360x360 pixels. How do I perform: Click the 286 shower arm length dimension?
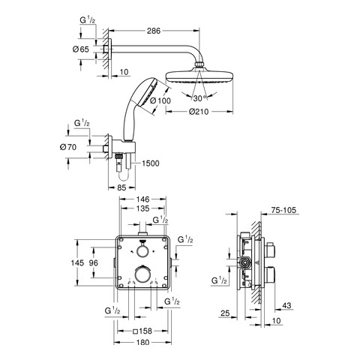pyautogui.click(x=154, y=31)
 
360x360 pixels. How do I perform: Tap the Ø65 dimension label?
pyautogui.click(x=81, y=49)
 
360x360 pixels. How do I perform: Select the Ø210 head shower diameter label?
pyautogui.click(x=199, y=112)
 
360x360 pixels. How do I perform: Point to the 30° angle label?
pyautogui.click(x=199, y=98)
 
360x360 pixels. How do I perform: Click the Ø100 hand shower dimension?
pyautogui.click(x=160, y=100)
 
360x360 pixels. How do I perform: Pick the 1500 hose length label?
pyautogui.click(x=151, y=163)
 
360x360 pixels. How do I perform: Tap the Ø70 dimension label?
pyautogui.click(x=68, y=147)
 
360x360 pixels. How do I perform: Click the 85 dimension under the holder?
pyautogui.click(x=121, y=187)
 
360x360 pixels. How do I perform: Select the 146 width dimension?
pyautogui.click(x=143, y=199)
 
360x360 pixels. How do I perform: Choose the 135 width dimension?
pyautogui.click(x=143, y=208)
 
